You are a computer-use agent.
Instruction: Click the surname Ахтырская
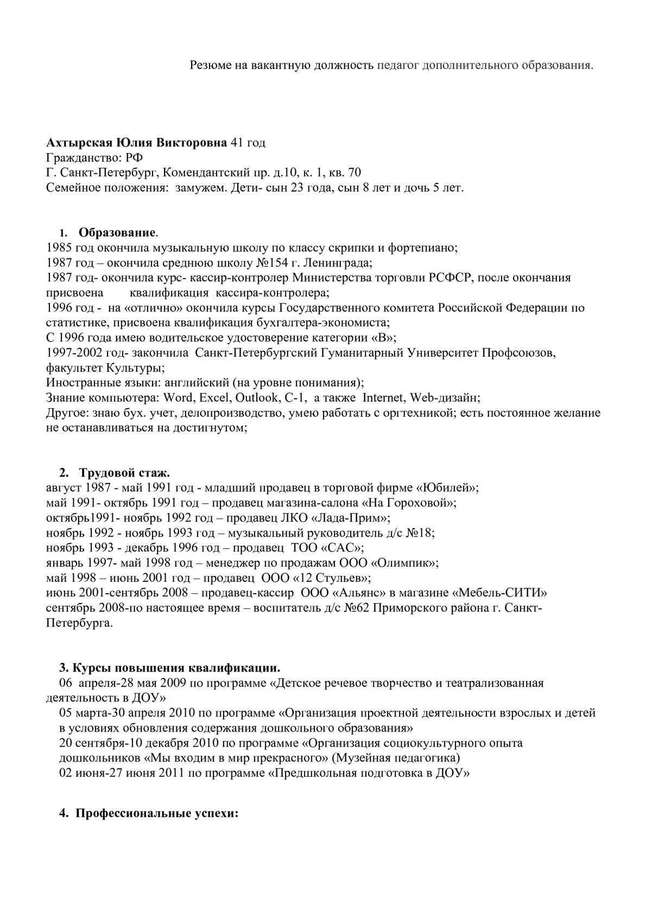click(x=79, y=143)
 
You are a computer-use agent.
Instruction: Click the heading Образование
click(x=117, y=233)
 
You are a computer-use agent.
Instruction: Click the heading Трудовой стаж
click(x=124, y=473)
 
